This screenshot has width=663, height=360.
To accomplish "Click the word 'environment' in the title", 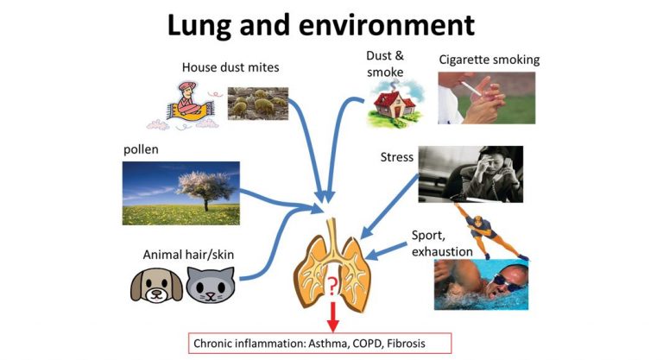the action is tap(387, 25).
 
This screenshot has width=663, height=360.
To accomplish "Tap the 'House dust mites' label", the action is tap(230, 67).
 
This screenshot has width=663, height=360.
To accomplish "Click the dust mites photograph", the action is tap(258, 104).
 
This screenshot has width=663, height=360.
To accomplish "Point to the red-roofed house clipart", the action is tap(394, 104).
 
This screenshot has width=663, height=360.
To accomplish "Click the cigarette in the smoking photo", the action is tap(470, 88).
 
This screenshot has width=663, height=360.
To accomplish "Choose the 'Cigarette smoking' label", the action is tap(489, 60).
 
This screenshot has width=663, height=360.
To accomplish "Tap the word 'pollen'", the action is tap(141, 149).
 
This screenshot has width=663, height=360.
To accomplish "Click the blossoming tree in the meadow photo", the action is tap(206, 189).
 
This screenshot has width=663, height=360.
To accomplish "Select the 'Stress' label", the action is tap(396, 157).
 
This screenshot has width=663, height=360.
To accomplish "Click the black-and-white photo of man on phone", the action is tap(470, 174).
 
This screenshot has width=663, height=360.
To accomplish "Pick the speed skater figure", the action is tap(489, 231).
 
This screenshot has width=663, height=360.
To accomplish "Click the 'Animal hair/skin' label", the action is tap(188, 255).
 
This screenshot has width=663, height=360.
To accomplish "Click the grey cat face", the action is tap(211, 286).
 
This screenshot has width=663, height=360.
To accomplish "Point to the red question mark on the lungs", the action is tap(331, 286).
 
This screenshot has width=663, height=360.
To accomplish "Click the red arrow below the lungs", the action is tap(332, 317).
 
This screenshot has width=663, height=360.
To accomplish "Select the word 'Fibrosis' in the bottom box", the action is tap(406, 343).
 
